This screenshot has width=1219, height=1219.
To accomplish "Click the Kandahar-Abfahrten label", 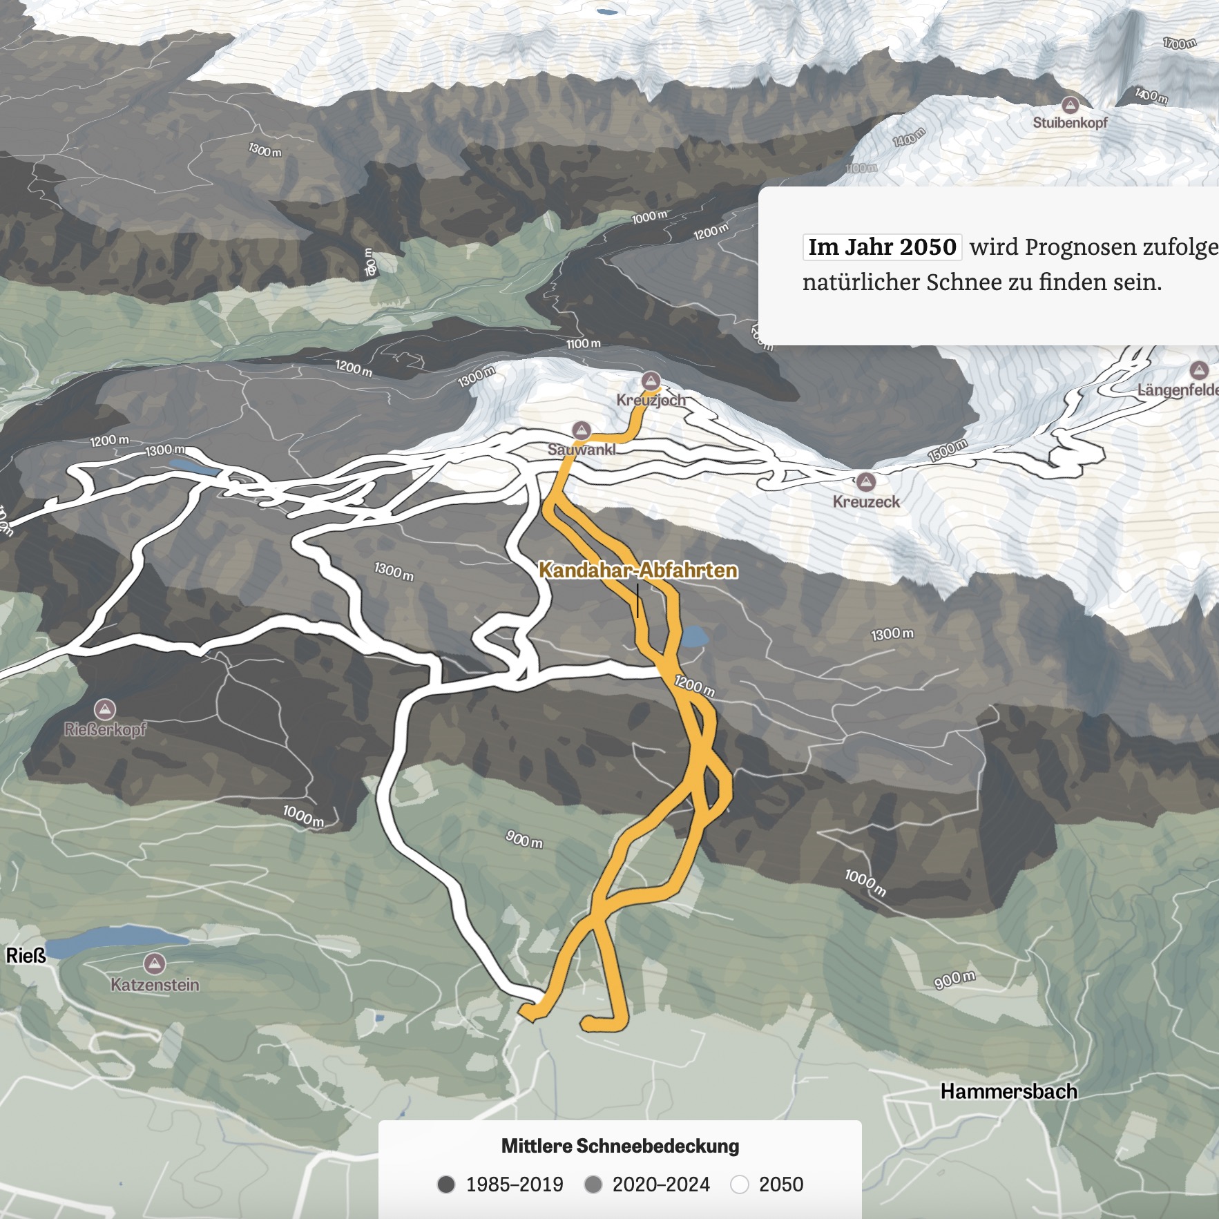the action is click(x=637, y=570).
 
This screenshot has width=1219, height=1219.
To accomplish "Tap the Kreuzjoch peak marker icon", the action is click(x=651, y=381).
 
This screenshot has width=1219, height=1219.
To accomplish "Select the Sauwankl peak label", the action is click(x=582, y=450).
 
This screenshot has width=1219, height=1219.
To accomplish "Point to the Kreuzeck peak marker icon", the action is click(x=866, y=481).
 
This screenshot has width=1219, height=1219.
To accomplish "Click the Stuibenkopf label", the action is click(x=1070, y=123).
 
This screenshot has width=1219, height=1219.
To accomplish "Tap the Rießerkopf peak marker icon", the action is click(x=105, y=709).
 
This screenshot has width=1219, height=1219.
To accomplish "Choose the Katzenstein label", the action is click(x=155, y=985).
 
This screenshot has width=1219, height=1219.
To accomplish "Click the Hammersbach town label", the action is click(x=1008, y=1092).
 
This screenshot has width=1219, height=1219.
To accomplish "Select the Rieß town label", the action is click(x=26, y=956).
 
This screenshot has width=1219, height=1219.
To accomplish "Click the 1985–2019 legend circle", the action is click(x=446, y=1184).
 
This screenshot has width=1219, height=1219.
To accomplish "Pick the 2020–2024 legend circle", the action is click(x=593, y=1184).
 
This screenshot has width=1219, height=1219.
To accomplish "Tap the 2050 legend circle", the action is click(x=740, y=1184).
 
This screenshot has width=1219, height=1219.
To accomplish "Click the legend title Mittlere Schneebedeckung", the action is click(x=620, y=1146).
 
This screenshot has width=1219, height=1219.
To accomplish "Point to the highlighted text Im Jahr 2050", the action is click(x=882, y=247).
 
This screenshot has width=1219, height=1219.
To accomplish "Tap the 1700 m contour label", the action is click(x=1179, y=44).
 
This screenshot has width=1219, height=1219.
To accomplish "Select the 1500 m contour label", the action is click(x=947, y=450).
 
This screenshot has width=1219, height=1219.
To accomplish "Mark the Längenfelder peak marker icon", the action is click(x=1199, y=369).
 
